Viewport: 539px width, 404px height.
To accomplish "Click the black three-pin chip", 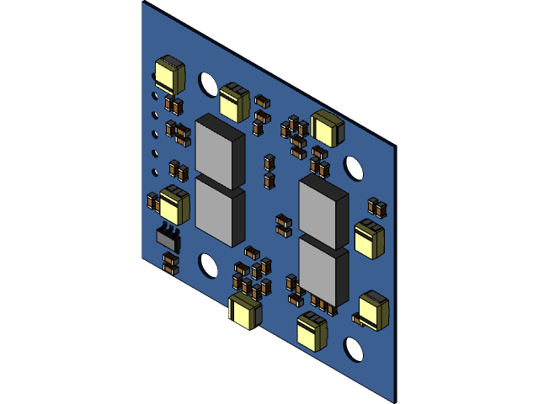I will coord(168,237).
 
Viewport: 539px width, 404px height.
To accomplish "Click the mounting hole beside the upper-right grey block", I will coord(354,168).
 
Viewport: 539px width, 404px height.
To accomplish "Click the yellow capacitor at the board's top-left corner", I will coord(169,73).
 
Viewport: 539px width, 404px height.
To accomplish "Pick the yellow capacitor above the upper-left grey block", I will coord(234,102).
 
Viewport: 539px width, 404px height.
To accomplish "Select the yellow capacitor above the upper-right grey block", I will coord(326,128).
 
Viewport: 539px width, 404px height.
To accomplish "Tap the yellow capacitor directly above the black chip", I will coord(174,205).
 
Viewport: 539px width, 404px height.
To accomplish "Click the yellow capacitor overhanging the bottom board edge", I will coord(245,311).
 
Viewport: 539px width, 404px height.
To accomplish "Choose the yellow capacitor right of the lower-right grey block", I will coord(368,238).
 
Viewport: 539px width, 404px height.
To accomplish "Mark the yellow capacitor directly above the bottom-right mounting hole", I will coord(373,310).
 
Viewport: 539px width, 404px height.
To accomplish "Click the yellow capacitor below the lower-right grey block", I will coord(312,330).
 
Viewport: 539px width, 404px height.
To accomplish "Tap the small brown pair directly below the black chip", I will coord(170,263).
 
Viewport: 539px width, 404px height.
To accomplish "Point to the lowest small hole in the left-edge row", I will coord(155,173).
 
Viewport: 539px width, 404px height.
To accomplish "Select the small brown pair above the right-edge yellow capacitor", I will coord(376,207).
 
